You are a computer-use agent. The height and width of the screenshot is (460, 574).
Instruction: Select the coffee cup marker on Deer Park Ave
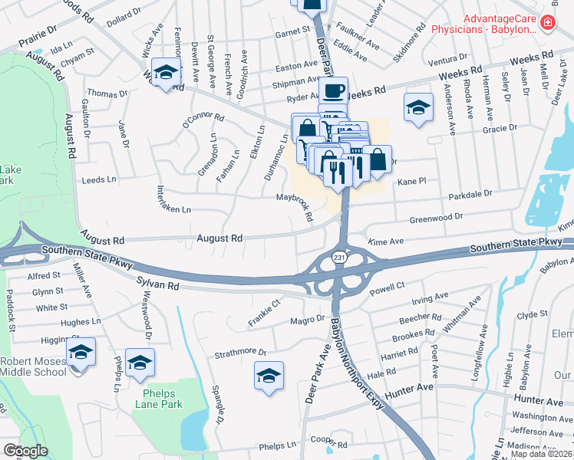pos(333,91)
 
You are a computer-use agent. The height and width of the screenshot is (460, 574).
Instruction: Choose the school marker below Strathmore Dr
pos(269,376)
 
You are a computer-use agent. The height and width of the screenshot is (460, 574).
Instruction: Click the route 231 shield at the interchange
pos(338,258)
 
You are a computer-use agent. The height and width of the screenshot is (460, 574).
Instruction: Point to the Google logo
pos(25,451)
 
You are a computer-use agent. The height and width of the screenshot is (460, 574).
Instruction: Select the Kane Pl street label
pos(411,182)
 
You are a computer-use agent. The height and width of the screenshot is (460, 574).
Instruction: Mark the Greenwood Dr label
pos(436,218)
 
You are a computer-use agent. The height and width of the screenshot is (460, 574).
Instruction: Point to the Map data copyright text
pos(541,453)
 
